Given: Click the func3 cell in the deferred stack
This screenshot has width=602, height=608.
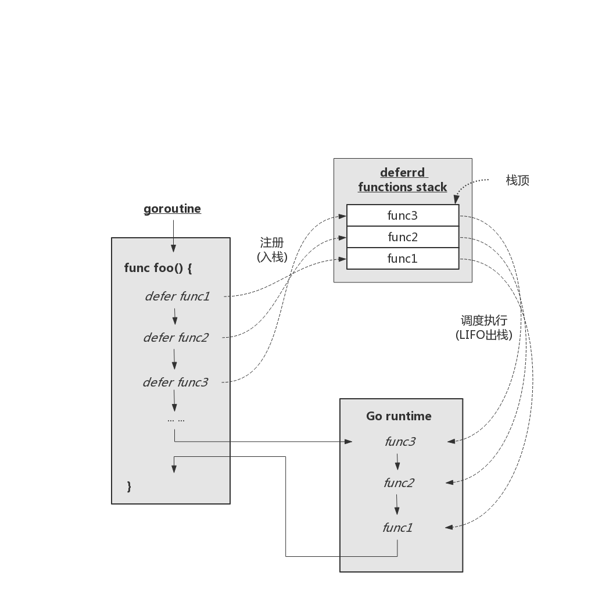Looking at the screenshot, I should [402, 216].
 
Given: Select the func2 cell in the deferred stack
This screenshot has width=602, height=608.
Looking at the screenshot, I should [402, 237].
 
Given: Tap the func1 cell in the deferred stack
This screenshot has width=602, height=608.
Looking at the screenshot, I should [402, 259].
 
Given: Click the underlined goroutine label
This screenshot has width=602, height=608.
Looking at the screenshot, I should [172, 209].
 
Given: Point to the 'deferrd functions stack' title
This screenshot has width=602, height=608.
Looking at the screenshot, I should [403, 180].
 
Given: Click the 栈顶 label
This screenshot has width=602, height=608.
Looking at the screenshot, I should [517, 180].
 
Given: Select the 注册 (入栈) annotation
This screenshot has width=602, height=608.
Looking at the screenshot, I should [272, 249].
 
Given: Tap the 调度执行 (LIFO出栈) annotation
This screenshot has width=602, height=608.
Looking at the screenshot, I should [483, 327].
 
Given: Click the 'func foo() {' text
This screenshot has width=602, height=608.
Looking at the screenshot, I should [157, 268].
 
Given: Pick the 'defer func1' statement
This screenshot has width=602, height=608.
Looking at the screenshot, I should [177, 296].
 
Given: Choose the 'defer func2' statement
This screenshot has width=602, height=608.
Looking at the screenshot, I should [175, 337].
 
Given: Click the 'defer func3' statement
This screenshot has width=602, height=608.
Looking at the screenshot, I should [175, 382].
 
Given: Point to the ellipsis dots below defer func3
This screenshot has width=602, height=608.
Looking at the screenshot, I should [175, 420].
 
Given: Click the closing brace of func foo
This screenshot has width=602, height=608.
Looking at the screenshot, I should [129, 486].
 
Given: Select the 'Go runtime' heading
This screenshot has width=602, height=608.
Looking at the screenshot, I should [399, 416].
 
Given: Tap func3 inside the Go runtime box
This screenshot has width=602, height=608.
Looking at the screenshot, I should [400, 442].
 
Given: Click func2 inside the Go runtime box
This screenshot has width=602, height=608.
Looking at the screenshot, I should [399, 482].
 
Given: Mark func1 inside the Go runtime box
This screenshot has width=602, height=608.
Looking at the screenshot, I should [397, 528].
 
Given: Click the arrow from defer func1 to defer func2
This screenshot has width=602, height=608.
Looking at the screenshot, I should [175, 317].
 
